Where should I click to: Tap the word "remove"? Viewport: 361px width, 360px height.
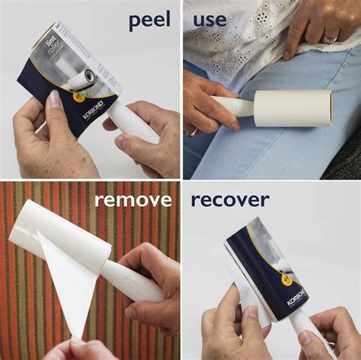pyautogui.click(x=133, y=200)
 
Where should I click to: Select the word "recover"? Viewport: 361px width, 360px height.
pyautogui.click(x=229, y=200)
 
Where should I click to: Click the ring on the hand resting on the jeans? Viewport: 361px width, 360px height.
pyautogui.click(x=329, y=39)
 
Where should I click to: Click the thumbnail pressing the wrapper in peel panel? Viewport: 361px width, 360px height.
pyautogui.click(x=54, y=100)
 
